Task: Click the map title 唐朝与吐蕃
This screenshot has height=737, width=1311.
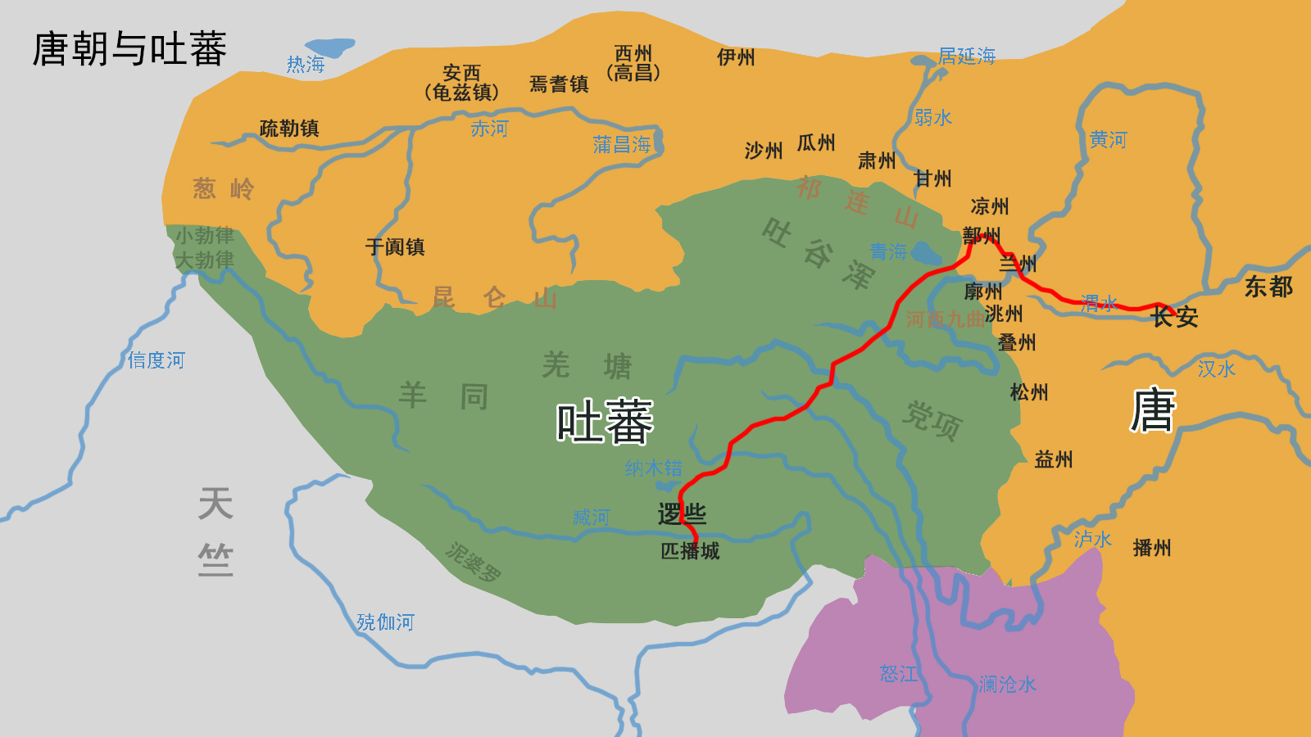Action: click(x=129, y=49)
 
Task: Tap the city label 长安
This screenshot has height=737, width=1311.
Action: click(x=1174, y=317)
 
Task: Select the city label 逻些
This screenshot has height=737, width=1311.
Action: click(x=682, y=514)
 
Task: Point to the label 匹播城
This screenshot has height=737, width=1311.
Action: click(x=690, y=551)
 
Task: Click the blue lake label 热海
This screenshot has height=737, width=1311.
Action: click(x=306, y=65)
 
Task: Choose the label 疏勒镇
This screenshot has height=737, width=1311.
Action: click(x=289, y=129)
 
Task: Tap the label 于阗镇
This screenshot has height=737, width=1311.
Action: click(x=395, y=247)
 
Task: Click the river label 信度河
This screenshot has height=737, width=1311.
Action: click(x=156, y=360)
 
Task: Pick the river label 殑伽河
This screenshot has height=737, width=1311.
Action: click(x=385, y=622)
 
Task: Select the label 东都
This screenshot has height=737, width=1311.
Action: click(x=1268, y=287)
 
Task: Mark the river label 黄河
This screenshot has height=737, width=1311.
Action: click(x=1108, y=140)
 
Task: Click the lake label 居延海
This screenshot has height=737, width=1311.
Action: click(x=967, y=57)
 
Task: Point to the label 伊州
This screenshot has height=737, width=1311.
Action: click(x=736, y=57)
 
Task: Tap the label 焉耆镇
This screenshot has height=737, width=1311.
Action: click(x=559, y=84)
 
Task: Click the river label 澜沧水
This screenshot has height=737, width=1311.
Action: click(x=1007, y=685)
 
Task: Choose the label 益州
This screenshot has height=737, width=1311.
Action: click(x=1054, y=459)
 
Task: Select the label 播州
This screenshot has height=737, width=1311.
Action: click(x=1151, y=548)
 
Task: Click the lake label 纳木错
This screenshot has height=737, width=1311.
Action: click(x=653, y=468)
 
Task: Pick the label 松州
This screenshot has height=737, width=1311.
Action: click(x=1029, y=392)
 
